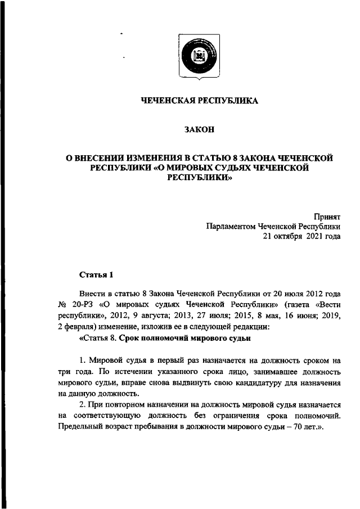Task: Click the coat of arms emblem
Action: pos(198,57)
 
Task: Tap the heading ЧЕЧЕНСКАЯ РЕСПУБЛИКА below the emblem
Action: pos(199,101)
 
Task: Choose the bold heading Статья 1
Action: pos(96,275)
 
